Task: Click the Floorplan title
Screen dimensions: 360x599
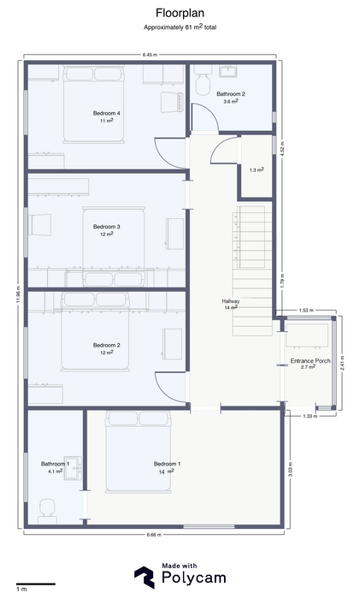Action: point(180,13)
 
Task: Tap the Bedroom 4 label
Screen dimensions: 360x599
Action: point(107,113)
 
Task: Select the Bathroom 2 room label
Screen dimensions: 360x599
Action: point(231,93)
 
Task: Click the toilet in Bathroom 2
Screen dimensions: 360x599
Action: point(203,80)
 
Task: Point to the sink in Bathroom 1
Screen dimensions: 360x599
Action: point(73,467)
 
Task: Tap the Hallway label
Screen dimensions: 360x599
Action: point(231,301)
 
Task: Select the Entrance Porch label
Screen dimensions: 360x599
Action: point(310,360)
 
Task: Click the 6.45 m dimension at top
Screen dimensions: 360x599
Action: point(150,55)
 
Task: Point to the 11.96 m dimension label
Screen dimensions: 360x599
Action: point(18,294)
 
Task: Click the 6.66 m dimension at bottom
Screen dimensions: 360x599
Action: point(154,535)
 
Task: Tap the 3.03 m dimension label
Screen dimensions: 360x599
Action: point(290,470)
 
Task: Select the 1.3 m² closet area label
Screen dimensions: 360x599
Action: point(257,169)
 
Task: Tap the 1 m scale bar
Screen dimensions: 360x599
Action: point(36,584)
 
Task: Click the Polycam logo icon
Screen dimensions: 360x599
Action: point(145,577)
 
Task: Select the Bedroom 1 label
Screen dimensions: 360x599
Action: point(168,464)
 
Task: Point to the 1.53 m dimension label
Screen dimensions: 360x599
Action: point(306,310)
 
